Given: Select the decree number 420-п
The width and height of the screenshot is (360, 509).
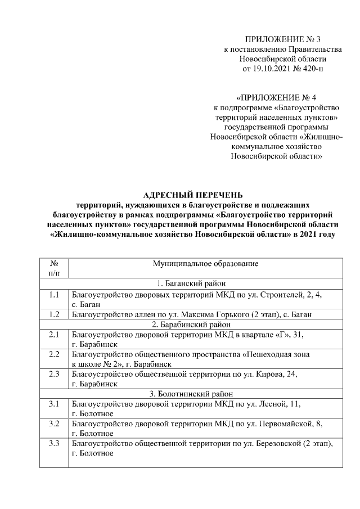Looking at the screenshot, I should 312,68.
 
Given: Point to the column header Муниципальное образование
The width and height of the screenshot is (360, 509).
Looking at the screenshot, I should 205,263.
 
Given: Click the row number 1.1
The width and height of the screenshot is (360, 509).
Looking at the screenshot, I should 55,294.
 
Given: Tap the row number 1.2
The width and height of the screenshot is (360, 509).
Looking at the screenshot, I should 55,314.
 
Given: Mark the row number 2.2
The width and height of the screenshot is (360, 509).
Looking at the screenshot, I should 55,354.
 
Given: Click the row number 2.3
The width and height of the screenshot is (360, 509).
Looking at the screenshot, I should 55,374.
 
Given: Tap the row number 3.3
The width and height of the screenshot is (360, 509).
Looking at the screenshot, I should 55,444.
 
